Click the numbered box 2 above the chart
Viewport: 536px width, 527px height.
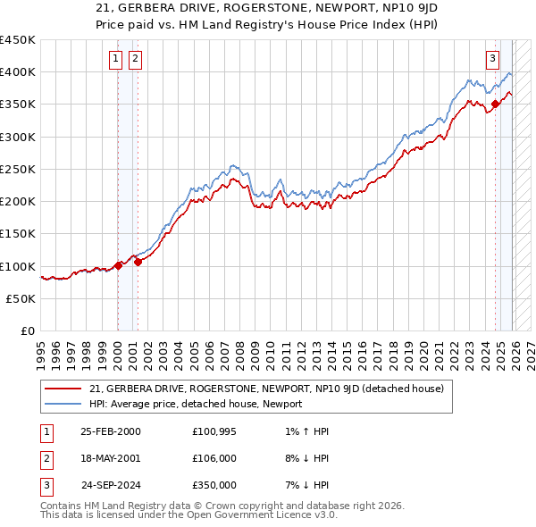tap(135, 60)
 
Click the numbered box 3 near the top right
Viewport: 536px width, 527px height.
tap(492, 60)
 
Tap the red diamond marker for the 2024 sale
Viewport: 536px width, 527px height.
tap(495, 104)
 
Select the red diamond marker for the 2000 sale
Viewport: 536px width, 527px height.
tap(118, 265)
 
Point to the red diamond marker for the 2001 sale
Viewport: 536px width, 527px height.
tap(138, 263)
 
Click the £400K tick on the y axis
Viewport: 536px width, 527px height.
tap(18, 72)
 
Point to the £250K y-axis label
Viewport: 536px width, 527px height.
tap(18, 170)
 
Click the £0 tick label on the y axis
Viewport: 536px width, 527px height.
tap(29, 331)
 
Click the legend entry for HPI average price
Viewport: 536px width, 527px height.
tap(196, 404)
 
